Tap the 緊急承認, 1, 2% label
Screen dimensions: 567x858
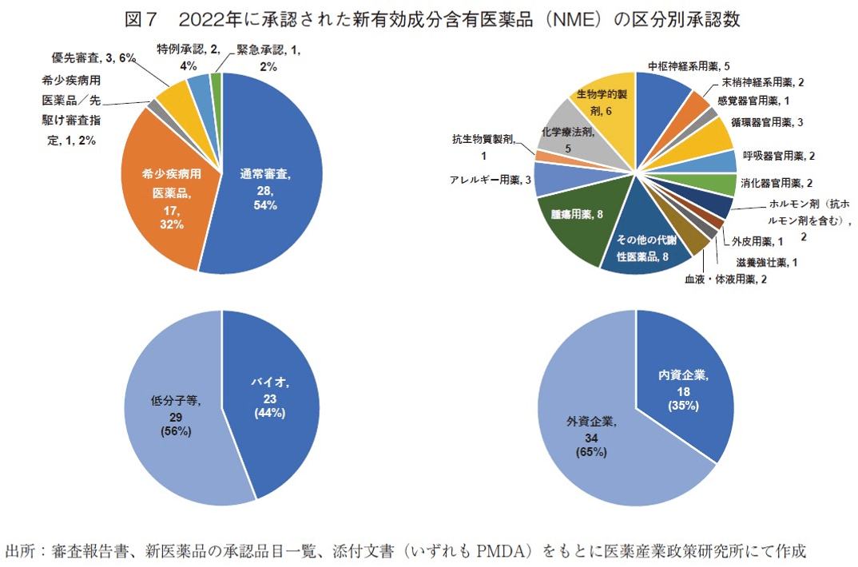click(264, 57)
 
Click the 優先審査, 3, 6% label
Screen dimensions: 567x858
click(93, 57)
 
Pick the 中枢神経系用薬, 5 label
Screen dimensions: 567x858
click(689, 65)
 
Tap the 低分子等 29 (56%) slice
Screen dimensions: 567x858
click(174, 415)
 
